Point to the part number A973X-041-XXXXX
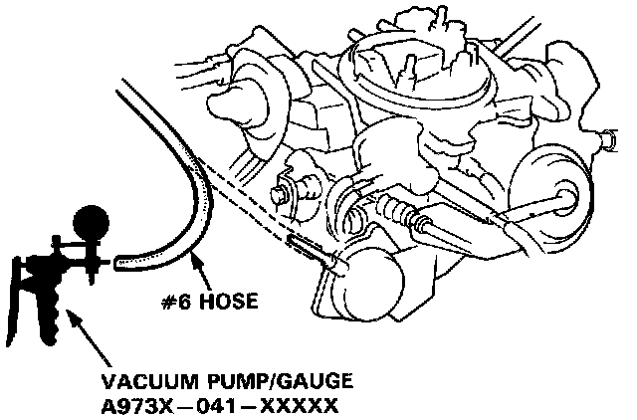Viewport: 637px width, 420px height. (219, 406)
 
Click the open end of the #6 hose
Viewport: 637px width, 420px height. (119, 265)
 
